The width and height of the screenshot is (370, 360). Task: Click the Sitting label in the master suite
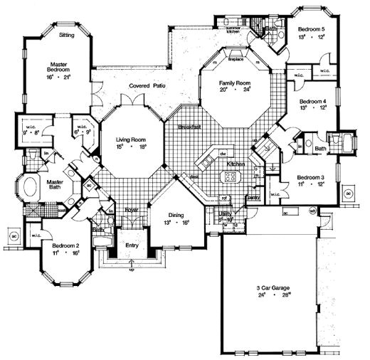coord(66,34)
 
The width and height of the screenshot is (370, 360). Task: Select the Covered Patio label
coord(147,85)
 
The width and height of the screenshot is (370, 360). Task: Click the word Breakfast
coord(189,126)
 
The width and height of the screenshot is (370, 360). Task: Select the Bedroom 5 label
coord(313,28)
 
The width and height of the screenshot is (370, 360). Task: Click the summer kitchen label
coord(234,29)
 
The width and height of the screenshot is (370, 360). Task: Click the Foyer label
coord(132,210)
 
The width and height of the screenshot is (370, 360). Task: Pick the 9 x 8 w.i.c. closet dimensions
coord(32,131)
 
